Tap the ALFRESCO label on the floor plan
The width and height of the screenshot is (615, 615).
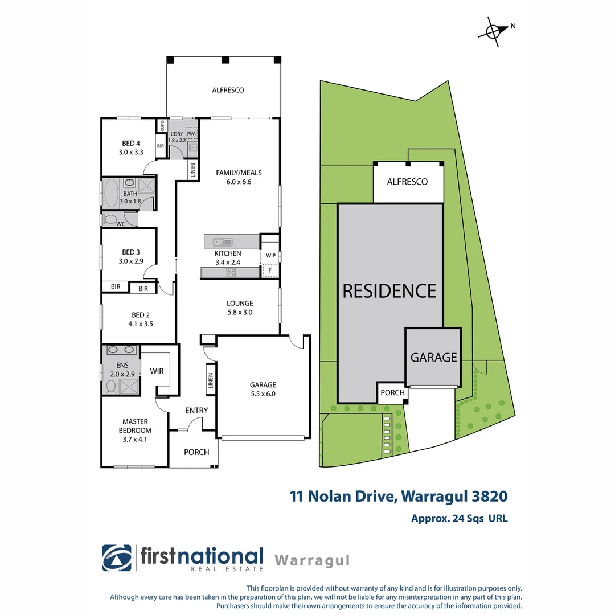coord(228,90)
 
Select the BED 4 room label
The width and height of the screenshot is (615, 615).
coord(130,147)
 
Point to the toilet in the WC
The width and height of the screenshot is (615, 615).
coord(110,219)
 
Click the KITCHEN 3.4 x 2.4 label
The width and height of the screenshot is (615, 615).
coord(228,257)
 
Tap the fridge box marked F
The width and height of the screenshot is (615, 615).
coord(270,271)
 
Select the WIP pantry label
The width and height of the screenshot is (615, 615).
coord(270,256)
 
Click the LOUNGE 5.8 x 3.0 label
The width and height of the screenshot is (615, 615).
coord(239,307)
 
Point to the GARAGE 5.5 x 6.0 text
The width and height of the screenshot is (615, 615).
coord(263,389)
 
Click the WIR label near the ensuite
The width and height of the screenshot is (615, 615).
coord(157,371)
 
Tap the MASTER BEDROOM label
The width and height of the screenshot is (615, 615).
coord(135,430)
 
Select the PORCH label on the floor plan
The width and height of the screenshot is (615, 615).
coord(196,452)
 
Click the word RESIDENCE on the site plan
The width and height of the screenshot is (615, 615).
coord(389,291)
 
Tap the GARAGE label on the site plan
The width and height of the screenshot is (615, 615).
coord(434,358)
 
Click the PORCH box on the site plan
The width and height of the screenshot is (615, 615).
coord(392,393)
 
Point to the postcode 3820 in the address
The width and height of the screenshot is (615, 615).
coord(489,496)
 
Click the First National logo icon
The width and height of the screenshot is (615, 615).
coord(117,558)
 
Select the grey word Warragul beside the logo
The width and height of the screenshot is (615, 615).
coord(311,560)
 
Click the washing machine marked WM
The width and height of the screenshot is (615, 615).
coord(191,134)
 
